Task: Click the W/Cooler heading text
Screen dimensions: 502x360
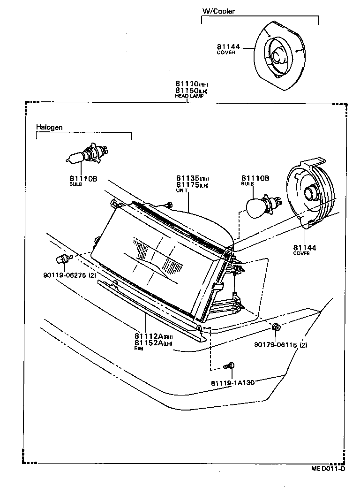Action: [218, 11]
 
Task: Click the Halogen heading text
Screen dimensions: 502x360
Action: [49, 127]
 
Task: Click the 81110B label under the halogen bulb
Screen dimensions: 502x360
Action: [83, 178]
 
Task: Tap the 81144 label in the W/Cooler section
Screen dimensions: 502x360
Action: [228, 47]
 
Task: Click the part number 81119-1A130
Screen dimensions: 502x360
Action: [232, 382]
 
